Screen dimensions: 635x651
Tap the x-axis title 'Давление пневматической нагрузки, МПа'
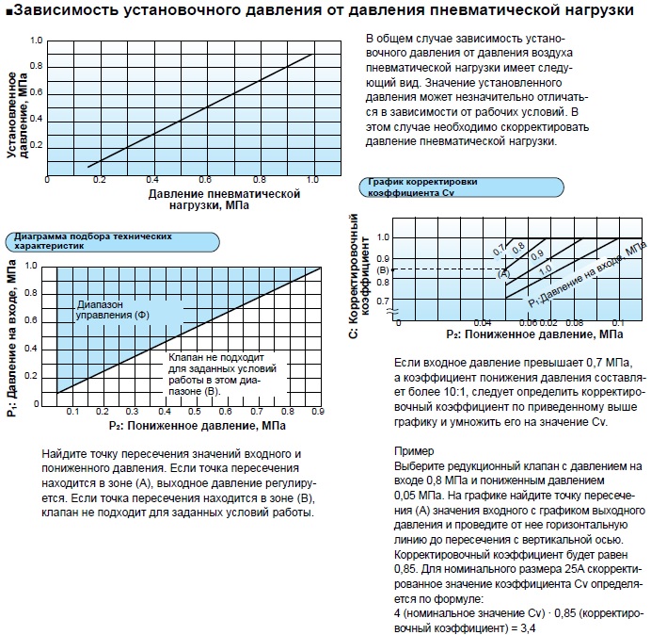(x=223, y=200)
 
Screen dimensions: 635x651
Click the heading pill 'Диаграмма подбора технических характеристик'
(x=90, y=240)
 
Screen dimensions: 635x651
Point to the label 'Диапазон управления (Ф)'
(x=112, y=309)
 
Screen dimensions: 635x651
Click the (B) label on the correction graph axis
(x=382, y=270)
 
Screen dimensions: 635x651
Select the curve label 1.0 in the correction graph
(x=545, y=269)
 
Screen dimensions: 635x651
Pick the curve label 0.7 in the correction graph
(x=499, y=250)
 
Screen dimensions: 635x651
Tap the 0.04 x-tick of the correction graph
(x=483, y=323)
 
